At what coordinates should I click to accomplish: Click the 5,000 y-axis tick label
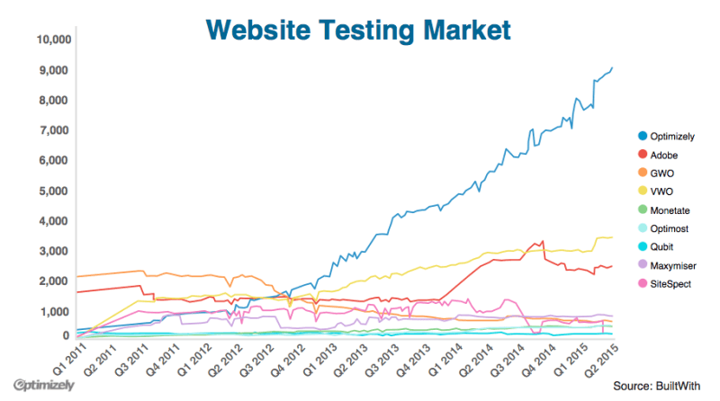(55, 191)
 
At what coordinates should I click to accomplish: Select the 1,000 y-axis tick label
(55, 311)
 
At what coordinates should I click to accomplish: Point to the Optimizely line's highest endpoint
(613, 67)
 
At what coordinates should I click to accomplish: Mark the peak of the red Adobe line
(542, 241)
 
